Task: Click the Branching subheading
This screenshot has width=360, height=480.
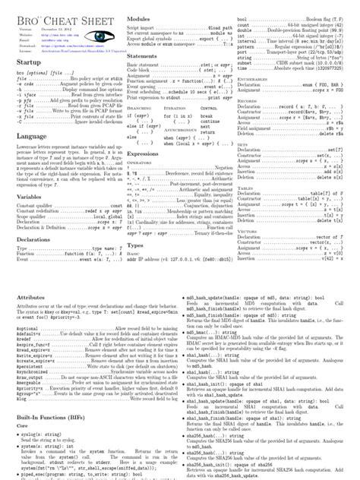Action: click(x=138, y=109)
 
